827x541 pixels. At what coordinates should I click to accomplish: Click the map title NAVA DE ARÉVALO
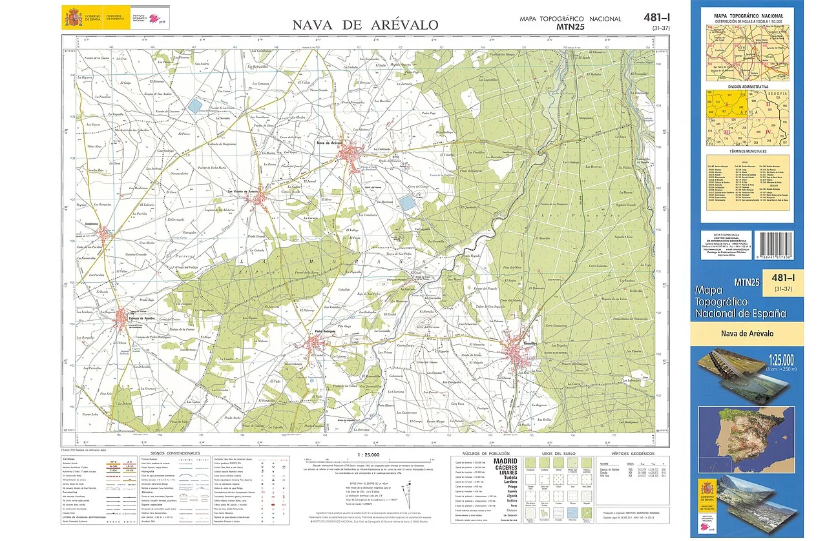coord(365,25)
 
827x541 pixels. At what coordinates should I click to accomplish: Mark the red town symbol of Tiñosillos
coord(517,350)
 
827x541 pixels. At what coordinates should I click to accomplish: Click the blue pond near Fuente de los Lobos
coord(195,106)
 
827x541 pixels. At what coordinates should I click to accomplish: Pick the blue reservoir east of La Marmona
coord(407,203)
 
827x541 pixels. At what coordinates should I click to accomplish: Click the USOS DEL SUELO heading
coord(556,454)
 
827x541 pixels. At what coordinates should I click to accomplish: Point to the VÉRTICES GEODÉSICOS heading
coord(629,454)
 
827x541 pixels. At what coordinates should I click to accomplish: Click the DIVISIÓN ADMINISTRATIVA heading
coord(748,86)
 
